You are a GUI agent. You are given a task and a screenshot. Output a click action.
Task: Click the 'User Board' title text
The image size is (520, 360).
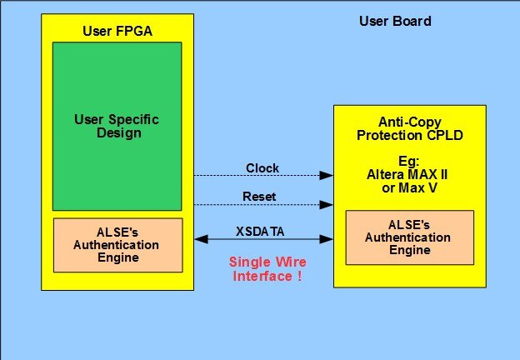coord(395,20)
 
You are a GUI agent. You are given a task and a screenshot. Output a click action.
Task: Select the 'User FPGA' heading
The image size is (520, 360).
coord(117,32)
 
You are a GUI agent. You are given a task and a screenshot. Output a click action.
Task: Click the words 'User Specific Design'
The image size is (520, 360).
coord(117,127)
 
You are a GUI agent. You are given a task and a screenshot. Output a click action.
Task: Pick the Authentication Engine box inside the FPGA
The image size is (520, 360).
coord(117,245)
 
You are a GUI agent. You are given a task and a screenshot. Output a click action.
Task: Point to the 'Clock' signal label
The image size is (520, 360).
coord(262,168)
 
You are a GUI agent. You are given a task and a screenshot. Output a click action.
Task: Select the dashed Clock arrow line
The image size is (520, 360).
coord(262,176)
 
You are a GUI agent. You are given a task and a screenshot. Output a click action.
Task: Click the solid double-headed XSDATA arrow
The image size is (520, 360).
coord(263,239)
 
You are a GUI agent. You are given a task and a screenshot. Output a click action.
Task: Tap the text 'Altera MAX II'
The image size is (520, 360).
coord(409,175)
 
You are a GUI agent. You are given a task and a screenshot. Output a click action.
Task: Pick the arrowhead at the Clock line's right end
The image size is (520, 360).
coord(328,176)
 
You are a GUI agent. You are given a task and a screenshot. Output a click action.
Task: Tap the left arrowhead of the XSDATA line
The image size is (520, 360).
coord(199,239)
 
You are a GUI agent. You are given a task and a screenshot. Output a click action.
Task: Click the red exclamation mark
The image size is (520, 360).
coord(298,276)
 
